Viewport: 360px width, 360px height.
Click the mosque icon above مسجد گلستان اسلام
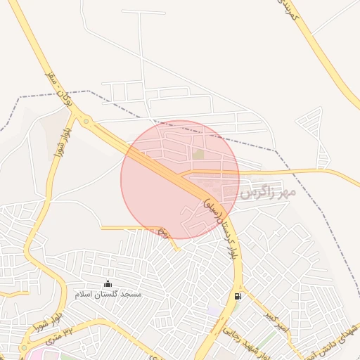tap(108, 283)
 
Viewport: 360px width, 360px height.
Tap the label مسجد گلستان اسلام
tap(109, 294)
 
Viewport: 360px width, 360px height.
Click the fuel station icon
tap(238, 296)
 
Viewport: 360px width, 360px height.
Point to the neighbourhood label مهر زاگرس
tap(268, 191)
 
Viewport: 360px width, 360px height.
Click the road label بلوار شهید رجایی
tap(247, 338)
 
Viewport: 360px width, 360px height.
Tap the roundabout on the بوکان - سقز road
tap(86, 121)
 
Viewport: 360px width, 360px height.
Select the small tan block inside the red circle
tap(199, 153)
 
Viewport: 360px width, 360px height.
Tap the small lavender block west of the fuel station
tap(213, 310)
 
